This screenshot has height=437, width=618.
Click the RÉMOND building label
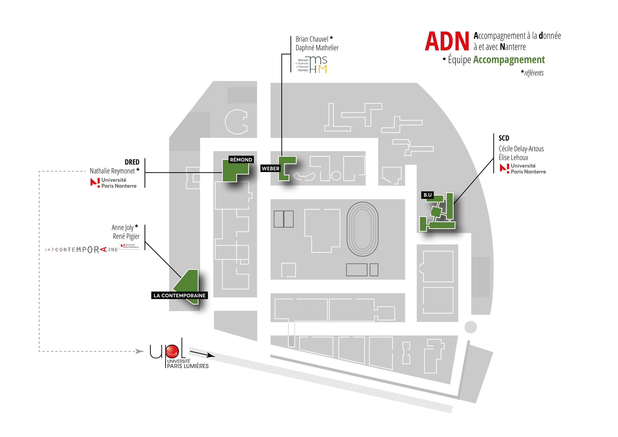point(241,160)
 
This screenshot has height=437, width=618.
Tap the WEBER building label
point(271,169)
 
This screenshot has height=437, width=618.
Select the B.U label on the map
point(427,195)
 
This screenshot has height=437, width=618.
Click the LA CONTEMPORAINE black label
point(180,295)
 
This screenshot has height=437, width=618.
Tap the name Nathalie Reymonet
point(112,171)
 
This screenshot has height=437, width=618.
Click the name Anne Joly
point(122,227)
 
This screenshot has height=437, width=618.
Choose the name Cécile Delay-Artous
point(521,149)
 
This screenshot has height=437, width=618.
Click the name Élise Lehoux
point(513,158)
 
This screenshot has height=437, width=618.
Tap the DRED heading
point(132,162)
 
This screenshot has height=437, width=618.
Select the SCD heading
point(504,138)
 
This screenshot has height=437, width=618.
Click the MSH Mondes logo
point(312,65)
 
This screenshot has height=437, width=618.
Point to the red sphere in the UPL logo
point(172,351)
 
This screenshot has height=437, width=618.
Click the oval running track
point(362,229)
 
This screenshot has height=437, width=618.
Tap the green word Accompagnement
point(509,60)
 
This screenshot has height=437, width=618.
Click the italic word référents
point(534,73)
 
